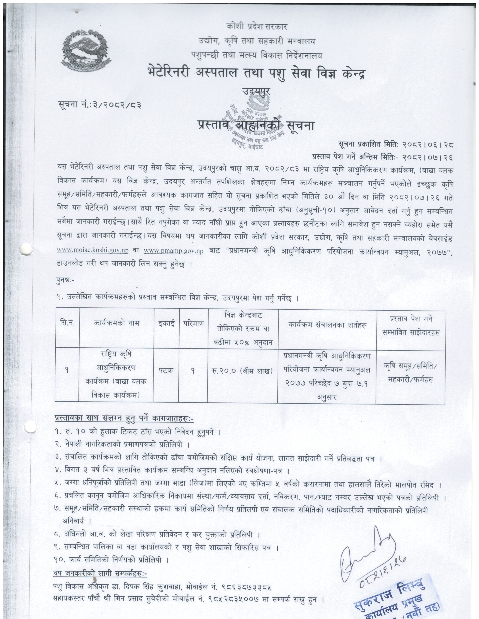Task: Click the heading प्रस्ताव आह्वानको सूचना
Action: tap(256, 125)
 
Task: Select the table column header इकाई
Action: tap(167, 323)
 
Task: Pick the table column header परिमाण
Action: tap(193, 323)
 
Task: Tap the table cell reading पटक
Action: tap(166, 370)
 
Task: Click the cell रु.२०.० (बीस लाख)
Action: tap(242, 371)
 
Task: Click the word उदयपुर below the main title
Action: tap(256, 91)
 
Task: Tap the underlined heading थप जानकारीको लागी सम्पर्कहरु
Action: tap(100, 573)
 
